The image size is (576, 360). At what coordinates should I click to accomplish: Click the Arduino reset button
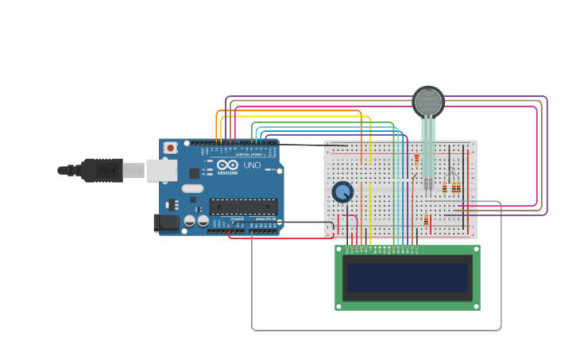click(170, 148)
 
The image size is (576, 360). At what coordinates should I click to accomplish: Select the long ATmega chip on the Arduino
click(243, 207)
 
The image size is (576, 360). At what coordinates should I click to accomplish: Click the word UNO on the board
click(251, 165)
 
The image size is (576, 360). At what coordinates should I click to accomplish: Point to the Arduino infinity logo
click(224, 165)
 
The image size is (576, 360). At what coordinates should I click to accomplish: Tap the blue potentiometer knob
click(342, 192)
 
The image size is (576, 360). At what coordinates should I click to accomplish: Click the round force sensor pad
click(428, 102)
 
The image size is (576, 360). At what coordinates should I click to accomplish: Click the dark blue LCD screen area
click(408, 277)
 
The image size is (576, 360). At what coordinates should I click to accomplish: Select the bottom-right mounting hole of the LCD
click(475, 305)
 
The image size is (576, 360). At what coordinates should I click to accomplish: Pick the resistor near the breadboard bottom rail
click(426, 220)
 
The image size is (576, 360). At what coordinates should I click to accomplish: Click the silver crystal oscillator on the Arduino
click(192, 188)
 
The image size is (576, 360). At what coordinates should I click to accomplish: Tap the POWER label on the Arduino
click(238, 219)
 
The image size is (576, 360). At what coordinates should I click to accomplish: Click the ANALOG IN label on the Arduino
click(265, 219)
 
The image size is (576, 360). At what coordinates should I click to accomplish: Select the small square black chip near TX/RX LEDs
click(194, 172)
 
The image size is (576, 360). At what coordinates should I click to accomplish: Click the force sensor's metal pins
click(428, 186)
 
